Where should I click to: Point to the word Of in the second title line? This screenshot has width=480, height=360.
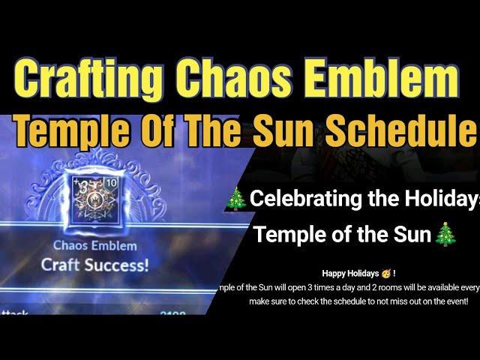pos(140,133)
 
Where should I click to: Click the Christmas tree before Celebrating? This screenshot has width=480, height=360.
pos(237,199)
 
